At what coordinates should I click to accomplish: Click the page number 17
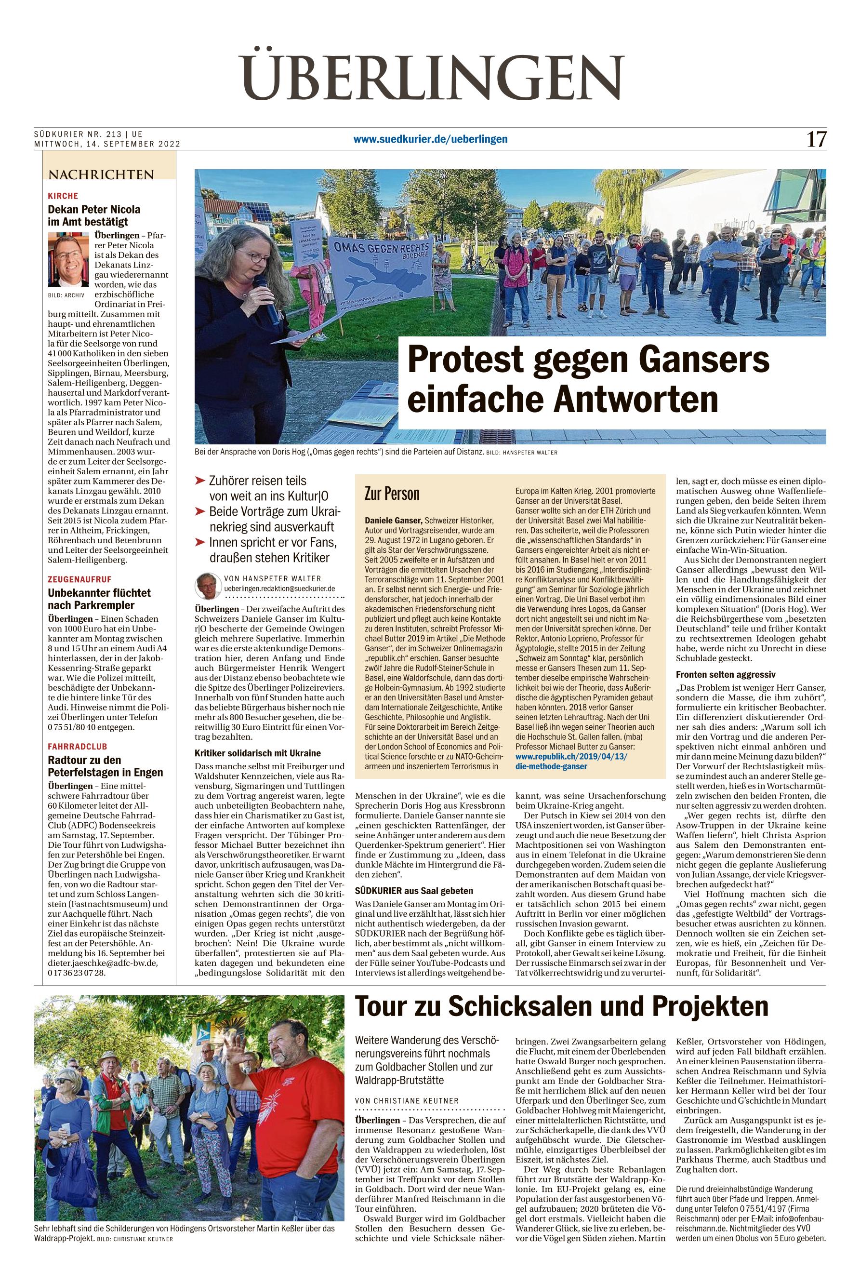pyautogui.click(x=816, y=139)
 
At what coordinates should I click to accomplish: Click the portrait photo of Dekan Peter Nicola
pyautogui.click(x=68, y=259)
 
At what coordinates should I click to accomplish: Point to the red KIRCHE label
pyautogui.click(x=63, y=196)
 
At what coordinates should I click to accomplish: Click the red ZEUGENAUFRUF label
pyautogui.click(x=79, y=579)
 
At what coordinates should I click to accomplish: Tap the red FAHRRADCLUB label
pyautogui.click(x=78, y=747)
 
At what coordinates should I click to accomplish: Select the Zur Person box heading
pyautogui.click(x=392, y=493)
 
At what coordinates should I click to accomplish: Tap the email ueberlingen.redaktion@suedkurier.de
pyautogui.click(x=280, y=588)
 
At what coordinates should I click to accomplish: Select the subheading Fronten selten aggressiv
pyautogui.click(x=720, y=674)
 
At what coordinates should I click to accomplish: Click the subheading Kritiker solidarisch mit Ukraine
pyautogui.click(x=258, y=753)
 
